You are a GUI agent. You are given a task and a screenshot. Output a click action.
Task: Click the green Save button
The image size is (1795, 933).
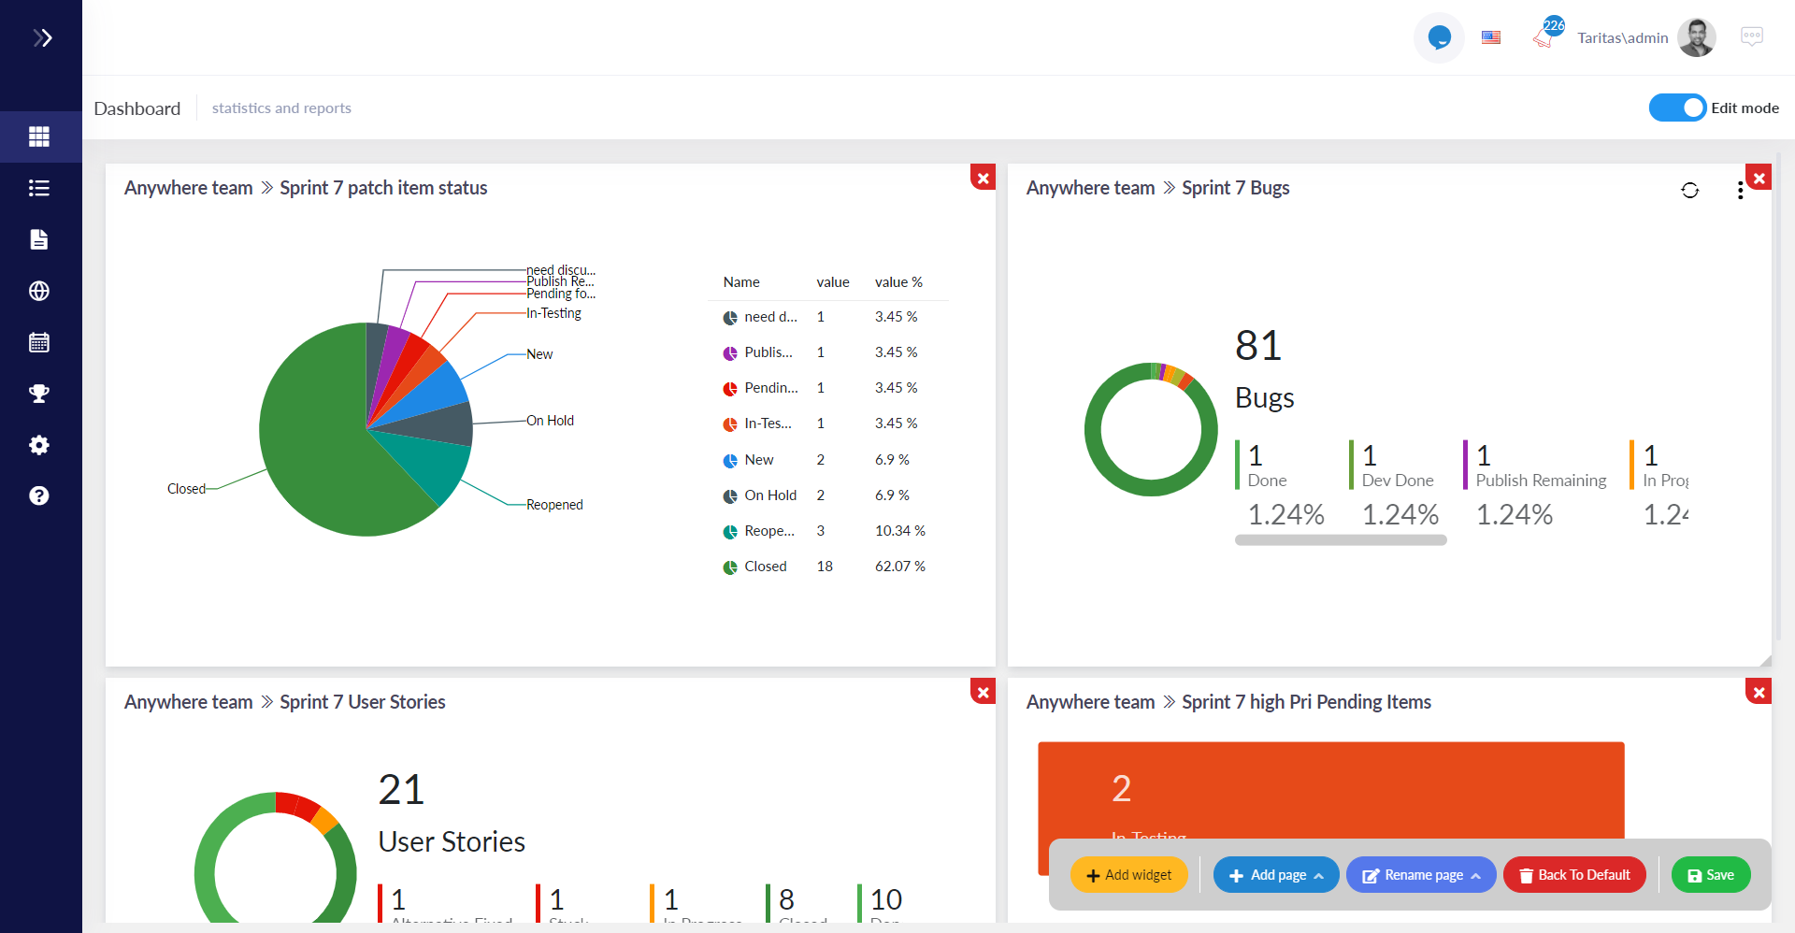[x=1710, y=875]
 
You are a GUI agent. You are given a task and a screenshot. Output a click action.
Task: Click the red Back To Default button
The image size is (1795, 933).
[x=1574, y=875]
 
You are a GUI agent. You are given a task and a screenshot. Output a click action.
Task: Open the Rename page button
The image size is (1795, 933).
[x=1421, y=875]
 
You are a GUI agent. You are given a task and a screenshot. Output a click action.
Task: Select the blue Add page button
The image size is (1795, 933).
[x=1275, y=875]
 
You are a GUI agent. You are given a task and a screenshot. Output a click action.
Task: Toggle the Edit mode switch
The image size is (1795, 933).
[x=1678, y=108]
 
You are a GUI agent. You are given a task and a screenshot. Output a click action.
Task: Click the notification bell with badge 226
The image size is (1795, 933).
[x=1544, y=36]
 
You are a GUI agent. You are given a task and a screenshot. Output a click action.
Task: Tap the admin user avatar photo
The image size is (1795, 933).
[x=1697, y=37]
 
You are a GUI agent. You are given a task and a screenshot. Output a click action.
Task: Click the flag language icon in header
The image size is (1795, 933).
[x=1491, y=37]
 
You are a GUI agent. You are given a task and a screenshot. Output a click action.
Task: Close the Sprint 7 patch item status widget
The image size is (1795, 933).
[x=983, y=178]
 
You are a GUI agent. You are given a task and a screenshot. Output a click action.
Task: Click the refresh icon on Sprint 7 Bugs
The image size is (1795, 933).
[x=1689, y=191]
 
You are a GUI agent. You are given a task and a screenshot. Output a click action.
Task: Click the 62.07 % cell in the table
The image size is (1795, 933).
[x=899, y=567]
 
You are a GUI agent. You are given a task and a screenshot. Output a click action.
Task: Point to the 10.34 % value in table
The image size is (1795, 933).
[x=899, y=531]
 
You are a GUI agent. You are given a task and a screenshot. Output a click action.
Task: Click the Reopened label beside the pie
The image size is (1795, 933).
[x=554, y=505]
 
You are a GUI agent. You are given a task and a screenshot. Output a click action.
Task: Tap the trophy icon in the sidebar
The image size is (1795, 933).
[x=39, y=394]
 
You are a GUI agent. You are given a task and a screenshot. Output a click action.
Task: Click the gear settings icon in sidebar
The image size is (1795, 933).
[x=39, y=445]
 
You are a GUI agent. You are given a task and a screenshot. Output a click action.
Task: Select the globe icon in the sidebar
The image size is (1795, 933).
[x=39, y=291]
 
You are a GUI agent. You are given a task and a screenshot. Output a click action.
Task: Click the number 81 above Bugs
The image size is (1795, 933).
[x=1257, y=346]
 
